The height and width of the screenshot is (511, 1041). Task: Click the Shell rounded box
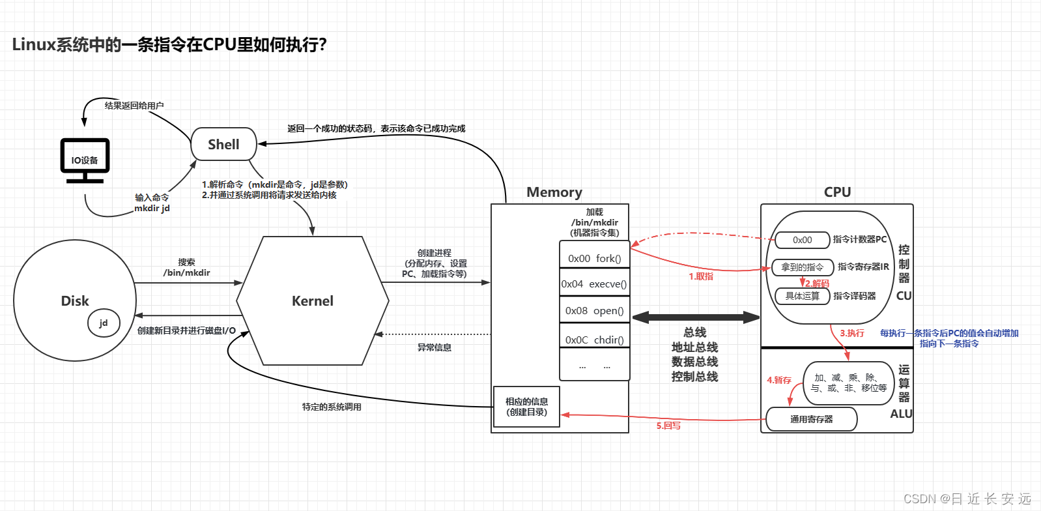(223, 144)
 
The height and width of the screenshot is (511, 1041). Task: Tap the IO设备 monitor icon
(85, 159)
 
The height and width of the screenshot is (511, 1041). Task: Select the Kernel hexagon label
(313, 300)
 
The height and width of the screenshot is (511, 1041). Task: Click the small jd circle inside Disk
(104, 323)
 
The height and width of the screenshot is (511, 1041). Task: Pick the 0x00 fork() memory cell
(594, 257)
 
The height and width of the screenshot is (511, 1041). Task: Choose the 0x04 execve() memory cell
(594, 284)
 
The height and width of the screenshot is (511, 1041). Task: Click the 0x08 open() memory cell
(594, 310)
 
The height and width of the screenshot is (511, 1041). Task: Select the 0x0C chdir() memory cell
(594, 339)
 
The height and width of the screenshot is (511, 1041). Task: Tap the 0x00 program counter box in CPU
(802, 240)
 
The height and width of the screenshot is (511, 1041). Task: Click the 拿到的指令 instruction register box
(802, 267)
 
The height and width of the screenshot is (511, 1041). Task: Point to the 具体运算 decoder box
(802, 296)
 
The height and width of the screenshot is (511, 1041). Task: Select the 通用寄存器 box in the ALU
(811, 419)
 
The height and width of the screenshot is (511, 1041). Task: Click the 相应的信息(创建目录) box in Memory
(526, 407)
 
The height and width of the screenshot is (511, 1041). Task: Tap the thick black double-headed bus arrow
(695, 317)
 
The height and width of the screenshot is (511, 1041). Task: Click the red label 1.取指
(701, 276)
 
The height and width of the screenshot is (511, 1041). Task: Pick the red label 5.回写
(668, 426)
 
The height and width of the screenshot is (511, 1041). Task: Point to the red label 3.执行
(851, 333)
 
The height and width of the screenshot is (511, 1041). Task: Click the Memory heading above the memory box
(554, 192)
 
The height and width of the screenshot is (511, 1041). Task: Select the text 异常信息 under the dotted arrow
(434, 347)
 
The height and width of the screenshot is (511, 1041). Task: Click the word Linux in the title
(34, 45)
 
